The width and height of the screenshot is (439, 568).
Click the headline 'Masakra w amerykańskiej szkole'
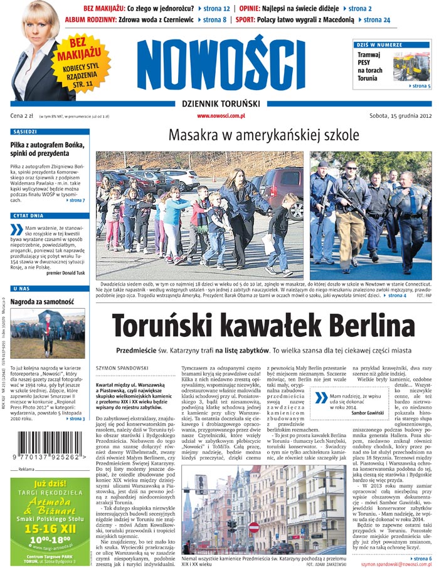point(263,135)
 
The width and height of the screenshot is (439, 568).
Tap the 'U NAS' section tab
point(21,288)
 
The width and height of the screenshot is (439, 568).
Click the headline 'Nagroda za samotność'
point(39,301)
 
